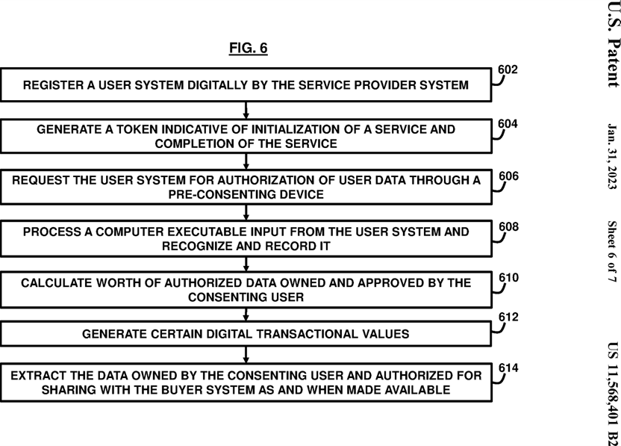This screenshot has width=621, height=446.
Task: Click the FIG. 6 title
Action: click(x=249, y=48)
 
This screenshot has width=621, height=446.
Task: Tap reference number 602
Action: click(x=508, y=69)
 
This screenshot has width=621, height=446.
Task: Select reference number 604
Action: click(x=508, y=124)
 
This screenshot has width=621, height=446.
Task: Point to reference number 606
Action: click(x=508, y=176)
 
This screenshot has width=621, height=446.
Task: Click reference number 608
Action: click(x=508, y=227)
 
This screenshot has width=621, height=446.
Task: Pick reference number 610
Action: click(x=508, y=277)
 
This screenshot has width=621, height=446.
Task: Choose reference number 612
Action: click(x=508, y=318)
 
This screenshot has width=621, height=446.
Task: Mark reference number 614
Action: click(x=508, y=368)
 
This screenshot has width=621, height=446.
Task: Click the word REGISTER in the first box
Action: click(x=54, y=85)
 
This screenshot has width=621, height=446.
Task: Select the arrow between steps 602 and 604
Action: click(x=246, y=111)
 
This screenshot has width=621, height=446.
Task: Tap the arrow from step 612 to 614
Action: click(x=246, y=355)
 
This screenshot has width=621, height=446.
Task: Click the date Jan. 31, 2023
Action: click(x=612, y=156)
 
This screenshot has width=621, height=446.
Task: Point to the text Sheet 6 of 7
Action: click(x=612, y=252)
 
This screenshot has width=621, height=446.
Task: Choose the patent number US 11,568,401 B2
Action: click(x=613, y=394)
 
